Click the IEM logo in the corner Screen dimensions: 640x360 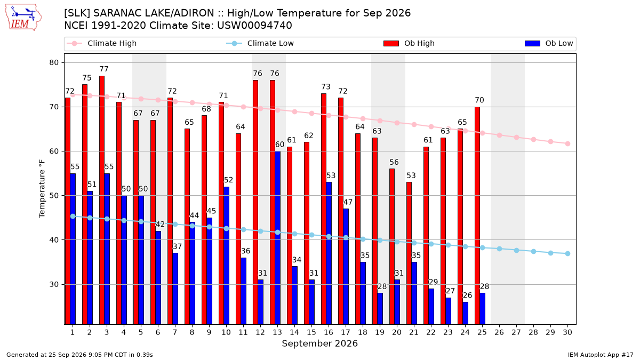click(23, 17)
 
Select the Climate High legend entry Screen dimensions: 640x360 click(102, 43)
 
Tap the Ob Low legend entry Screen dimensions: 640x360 click(549, 43)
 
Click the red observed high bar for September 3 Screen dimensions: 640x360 click(102, 200)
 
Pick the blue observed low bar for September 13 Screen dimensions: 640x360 click(277, 238)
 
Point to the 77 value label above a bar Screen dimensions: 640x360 click(104, 69)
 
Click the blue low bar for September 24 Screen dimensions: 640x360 click(466, 313)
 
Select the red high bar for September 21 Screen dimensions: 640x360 click(409, 253)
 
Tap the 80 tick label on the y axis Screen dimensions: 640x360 click(54, 62)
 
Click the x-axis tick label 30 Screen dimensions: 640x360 click(567, 332)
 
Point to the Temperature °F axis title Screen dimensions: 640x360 click(42, 189)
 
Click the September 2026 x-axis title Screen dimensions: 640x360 click(319, 343)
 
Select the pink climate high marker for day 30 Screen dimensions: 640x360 click(567, 143)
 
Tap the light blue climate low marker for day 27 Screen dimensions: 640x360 click(517, 250)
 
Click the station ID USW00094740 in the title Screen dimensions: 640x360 click(254, 26)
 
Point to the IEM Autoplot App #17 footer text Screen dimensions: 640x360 click(601, 355)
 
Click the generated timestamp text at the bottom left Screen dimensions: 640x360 click(79, 355)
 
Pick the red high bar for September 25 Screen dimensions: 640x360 click(477, 215)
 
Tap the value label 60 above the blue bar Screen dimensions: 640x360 click(279, 145)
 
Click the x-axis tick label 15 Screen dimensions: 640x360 click(311, 332)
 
